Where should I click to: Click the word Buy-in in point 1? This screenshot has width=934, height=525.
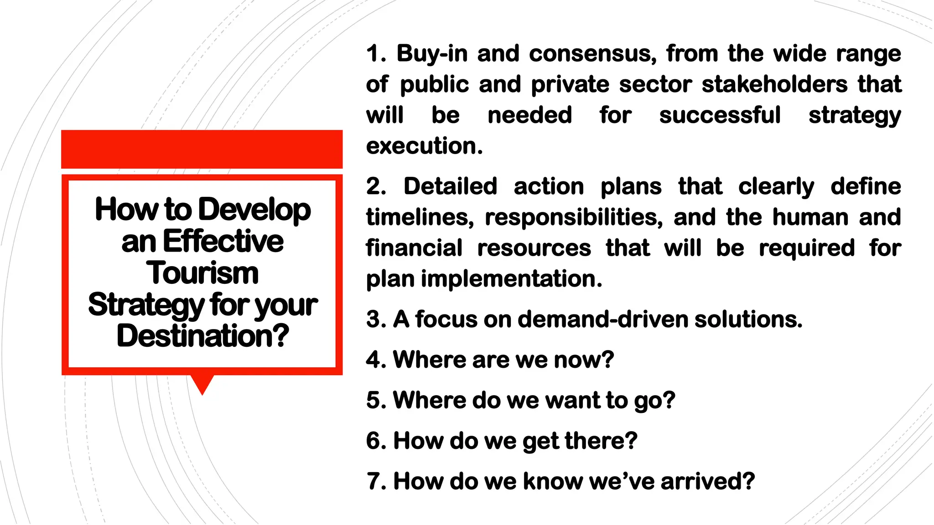[x=432, y=54]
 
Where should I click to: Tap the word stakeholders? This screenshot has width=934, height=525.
[x=774, y=84]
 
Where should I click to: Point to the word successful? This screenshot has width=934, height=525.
[x=720, y=115]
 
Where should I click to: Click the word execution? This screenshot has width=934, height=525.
[x=424, y=146]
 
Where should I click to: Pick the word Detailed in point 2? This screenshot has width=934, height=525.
[x=450, y=186]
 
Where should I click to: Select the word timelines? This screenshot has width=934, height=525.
[x=420, y=217]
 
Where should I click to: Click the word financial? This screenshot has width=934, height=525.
[x=414, y=248]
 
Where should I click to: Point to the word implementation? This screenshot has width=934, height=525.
[x=511, y=278]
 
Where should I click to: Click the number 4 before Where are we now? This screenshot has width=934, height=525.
[x=374, y=360]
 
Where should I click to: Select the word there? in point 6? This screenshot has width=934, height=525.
[x=601, y=441]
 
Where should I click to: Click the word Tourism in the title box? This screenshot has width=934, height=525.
[x=202, y=273]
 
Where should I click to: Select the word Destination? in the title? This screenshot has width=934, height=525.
[x=202, y=336]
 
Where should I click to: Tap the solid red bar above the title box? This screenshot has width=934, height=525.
[x=202, y=149]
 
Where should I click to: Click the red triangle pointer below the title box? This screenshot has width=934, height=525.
[x=202, y=384]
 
